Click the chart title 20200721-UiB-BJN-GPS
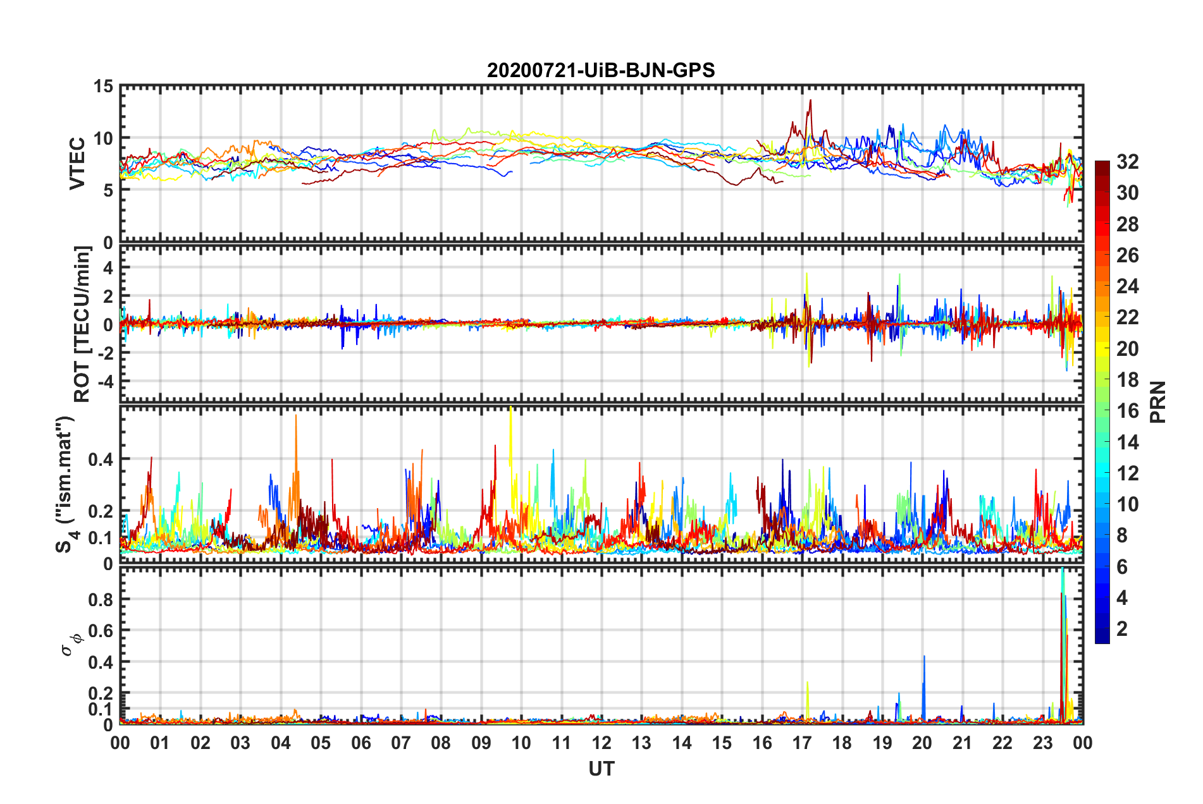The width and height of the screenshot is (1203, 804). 601,70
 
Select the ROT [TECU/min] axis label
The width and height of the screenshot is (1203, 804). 82,324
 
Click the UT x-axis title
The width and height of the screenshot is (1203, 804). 601,769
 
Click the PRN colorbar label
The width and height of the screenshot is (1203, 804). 1157,402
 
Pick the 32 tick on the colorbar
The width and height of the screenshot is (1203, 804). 1127,162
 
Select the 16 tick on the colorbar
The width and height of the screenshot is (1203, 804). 1127,411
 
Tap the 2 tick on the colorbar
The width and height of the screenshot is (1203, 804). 1122,629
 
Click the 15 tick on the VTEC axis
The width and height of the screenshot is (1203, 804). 104,87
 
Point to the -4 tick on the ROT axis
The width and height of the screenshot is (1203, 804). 104,381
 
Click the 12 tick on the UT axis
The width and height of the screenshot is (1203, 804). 601,743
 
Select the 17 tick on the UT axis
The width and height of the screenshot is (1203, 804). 802,743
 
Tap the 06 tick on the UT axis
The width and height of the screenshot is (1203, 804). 361,743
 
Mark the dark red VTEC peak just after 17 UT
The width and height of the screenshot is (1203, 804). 810,101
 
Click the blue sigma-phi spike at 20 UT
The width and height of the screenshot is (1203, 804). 924,657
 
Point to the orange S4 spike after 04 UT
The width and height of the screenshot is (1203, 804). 295,417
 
